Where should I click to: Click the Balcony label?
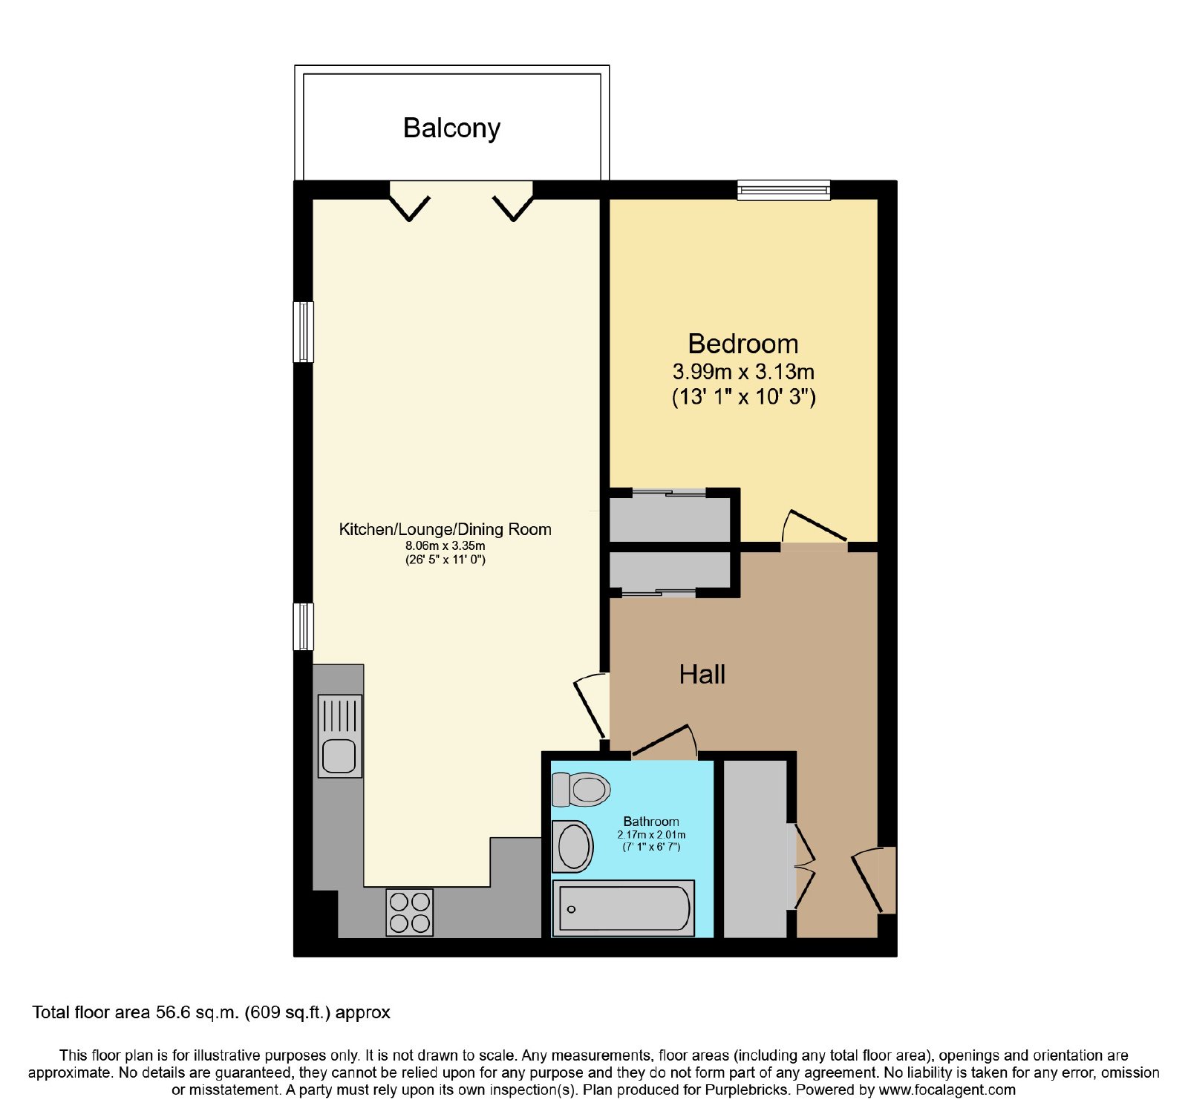(x=451, y=128)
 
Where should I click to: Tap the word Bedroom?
(x=743, y=344)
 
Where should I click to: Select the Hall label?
(x=702, y=675)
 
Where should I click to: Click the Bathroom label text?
(x=651, y=822)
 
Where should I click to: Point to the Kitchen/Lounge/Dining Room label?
(x=446, y=529)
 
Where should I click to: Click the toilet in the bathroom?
(x=581, y=789)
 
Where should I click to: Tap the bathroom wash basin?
(x=572, y=847)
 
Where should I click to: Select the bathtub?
(x=624, y=908)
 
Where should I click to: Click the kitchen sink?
(x=340, y=735)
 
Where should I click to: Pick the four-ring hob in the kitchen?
(x=410, y=912)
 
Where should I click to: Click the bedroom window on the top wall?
(x=783, y=190)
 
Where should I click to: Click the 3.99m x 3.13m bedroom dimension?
(x=743, y=371)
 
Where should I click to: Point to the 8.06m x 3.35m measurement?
(x=446, y=545)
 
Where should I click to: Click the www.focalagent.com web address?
(x=947, y=1090)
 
